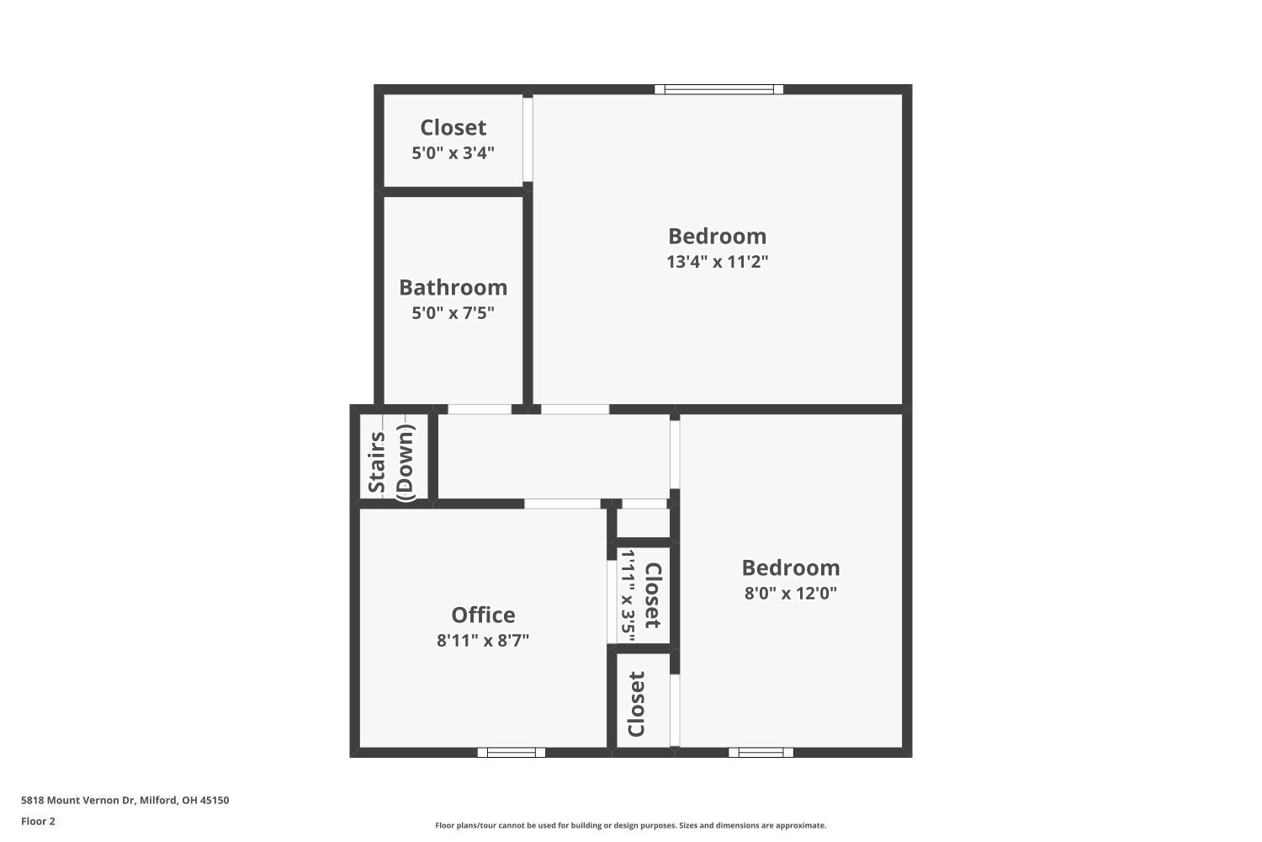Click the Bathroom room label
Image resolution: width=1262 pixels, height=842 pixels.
453,287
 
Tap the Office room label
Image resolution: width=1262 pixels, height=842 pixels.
483,615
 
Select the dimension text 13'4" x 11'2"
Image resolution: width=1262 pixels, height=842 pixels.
718,261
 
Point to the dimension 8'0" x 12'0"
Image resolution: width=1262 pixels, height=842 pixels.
790,593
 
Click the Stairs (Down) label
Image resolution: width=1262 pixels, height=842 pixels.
391,462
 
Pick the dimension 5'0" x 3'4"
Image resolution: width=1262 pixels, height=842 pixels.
453,153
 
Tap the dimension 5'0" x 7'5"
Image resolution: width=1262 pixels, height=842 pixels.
453,313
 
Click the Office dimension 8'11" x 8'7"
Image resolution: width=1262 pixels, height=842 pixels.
483,640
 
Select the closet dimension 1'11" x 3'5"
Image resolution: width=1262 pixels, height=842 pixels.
627,596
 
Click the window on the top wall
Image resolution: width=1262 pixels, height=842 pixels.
718,89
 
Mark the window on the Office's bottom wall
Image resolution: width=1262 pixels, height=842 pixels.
512,752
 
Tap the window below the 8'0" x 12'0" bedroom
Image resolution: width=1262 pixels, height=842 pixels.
761,752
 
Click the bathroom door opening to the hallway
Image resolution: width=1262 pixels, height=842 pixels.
480,409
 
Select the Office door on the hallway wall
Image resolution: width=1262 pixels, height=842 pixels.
562,504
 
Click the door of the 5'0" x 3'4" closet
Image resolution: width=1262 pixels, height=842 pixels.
528,140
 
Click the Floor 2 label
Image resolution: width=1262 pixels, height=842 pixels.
38,821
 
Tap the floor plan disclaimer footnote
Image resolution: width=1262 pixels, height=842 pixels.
630,825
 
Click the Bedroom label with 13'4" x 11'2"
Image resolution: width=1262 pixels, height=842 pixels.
717,236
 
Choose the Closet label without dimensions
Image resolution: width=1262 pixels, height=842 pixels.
637,704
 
